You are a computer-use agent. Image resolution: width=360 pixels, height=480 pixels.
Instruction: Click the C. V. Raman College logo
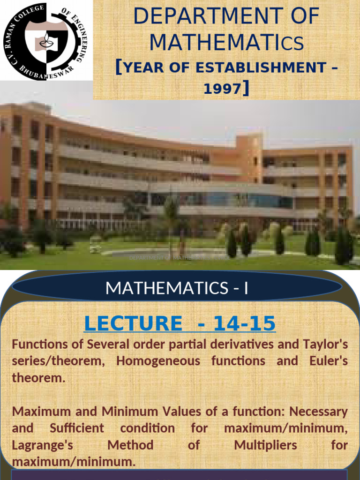pos(46,40)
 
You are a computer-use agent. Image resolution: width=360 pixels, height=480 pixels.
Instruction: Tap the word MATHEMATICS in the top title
pos(226,43)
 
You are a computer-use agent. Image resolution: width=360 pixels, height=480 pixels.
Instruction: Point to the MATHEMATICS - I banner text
pos(177,288)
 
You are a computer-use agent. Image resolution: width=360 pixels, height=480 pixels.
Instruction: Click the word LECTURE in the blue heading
pos(133,323)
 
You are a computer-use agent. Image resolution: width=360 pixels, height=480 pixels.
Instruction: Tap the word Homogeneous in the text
pos(159,361)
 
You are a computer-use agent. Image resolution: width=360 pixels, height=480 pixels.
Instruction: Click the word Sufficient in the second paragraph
pos(77,428)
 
